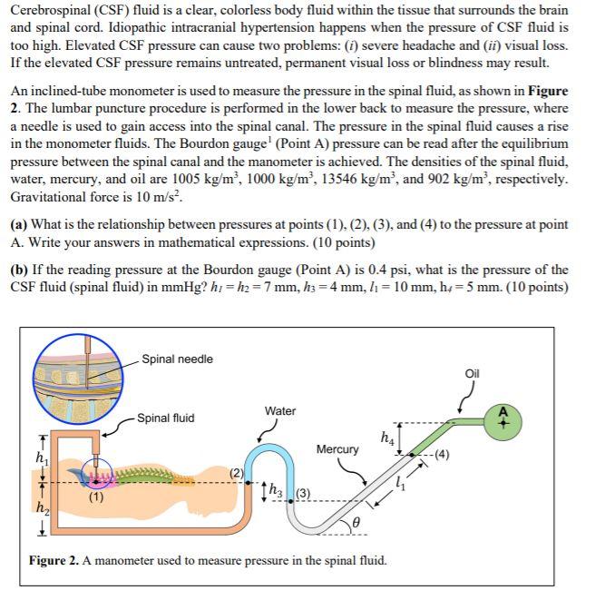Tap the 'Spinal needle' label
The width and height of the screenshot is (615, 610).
click(177, 359)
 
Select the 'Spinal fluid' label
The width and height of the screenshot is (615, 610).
click(165, 418)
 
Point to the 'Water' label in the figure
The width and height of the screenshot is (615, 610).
click(280, 411)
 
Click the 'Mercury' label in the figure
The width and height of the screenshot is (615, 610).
click(337, 449)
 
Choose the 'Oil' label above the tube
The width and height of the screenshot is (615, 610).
click(472, 374)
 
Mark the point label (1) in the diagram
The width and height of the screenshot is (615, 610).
click(95, 497)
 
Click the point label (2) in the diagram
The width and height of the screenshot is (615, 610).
click(238, 473)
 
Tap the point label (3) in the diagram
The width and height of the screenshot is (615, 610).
click(304, 494)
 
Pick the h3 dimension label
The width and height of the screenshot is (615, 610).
click(278, 494)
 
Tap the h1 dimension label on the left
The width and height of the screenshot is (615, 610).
click(38, 457)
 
